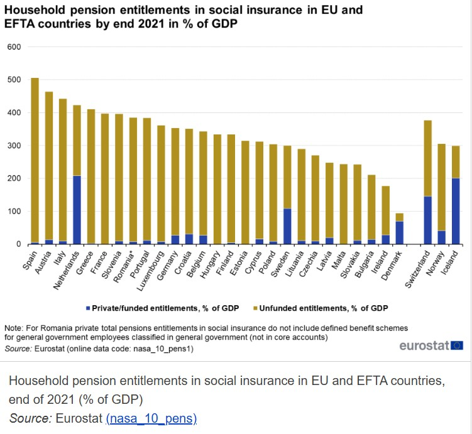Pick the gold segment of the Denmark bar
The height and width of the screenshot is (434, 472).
[x=398, y=217]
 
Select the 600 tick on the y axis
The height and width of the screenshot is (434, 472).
[x=14, y=47]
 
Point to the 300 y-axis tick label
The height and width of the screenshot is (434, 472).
[x=14, y=146]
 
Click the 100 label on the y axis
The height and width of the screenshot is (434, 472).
[x=14, y=212]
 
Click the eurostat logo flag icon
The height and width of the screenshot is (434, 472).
[x=457, y=345]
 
